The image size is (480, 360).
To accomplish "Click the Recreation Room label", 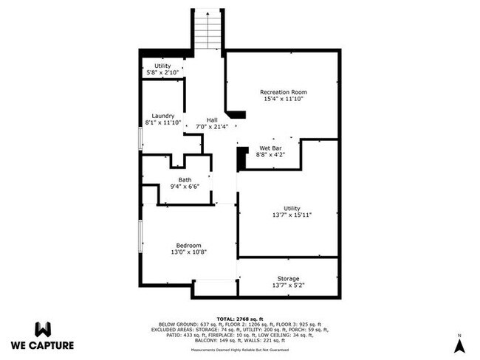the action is coord(284,92).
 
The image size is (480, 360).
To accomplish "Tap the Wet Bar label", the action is coord(270,148).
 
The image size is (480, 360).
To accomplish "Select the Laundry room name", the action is coord(163,117).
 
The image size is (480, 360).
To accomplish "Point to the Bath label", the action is coord(185,180).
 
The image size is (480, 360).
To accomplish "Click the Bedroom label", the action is coord(188,246).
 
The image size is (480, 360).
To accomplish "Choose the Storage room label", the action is coord(288,279).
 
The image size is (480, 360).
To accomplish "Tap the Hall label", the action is coord(212,120).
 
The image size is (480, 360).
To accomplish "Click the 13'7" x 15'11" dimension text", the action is coord(292,215).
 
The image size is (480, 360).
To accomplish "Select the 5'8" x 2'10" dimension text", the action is coord(162,73).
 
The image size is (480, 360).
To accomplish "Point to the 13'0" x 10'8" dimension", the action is coord(189,252).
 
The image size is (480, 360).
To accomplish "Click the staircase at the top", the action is coord(208,29).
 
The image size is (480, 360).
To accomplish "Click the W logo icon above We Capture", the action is coord(43,330).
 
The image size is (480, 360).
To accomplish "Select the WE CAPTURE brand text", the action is coord(43,345).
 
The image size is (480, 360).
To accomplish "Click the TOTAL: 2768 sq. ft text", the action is coord(240,319).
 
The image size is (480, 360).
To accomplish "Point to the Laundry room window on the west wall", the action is coord(140,139).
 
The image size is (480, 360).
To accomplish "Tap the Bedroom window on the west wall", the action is coord(140,236).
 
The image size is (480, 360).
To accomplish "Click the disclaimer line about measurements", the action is coord(240,350).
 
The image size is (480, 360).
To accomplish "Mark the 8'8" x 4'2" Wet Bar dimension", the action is coord(270,155).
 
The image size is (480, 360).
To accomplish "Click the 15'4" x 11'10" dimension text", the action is coord(284,99).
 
